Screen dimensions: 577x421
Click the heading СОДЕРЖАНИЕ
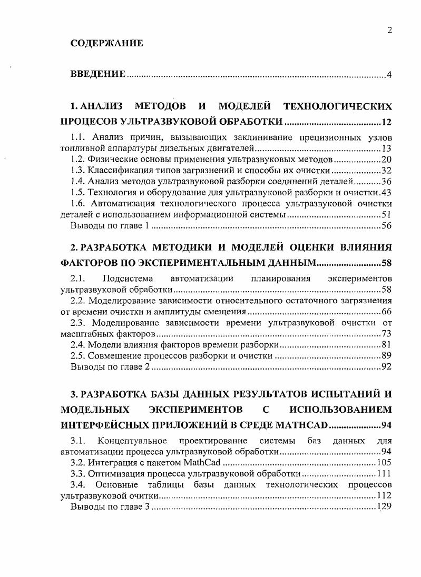coord(106,44)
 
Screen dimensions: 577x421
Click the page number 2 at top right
coord(389,30)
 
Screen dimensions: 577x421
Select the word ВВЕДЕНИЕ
coord(97,74)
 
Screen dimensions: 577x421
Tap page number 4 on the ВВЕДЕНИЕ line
coord(389,74)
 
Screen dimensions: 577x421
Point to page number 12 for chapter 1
coord(386,123)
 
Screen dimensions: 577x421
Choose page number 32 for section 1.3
coord(386,171)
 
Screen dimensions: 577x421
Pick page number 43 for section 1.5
coord(386,193)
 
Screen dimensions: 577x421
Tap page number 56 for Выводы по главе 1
coord(386,226)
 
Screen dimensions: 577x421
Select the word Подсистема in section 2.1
coord(128,278)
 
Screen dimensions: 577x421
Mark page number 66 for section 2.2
coord(386,312)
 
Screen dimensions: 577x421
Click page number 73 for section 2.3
coord(386,334)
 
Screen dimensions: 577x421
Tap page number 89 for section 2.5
coord(386,356)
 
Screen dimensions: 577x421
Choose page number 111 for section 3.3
coord(384,474)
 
